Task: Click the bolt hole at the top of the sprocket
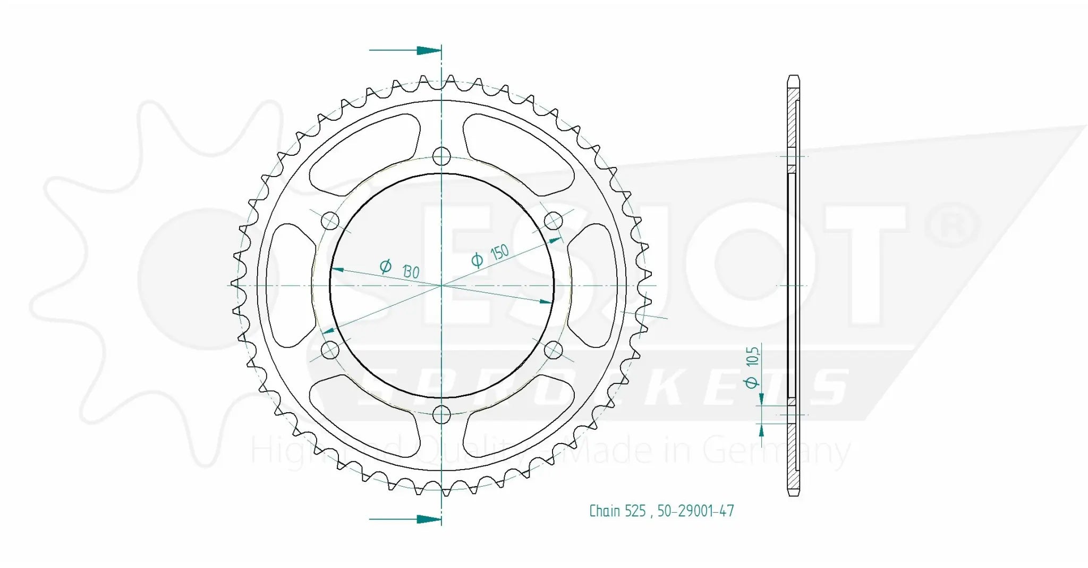pos(441,156)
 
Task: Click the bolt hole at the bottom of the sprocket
pos(441,414)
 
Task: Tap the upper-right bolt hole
pos(554,220)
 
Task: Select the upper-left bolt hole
pos(330,220)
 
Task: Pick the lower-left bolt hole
pos(330,350)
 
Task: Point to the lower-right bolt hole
pos(554,350)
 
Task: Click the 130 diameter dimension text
pos(400,269)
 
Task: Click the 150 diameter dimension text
pos(490,256)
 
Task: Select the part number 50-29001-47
pos(695,511)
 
